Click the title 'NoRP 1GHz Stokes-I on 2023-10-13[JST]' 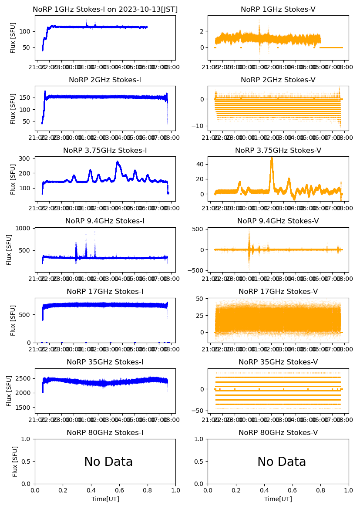click(x=105, y=10)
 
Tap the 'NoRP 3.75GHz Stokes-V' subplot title click(x=278, y=151)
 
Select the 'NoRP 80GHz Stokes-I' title click(x=105, y=433)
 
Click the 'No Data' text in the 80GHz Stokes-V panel click(x=282, y=462)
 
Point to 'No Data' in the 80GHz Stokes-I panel click(x=108, y=462)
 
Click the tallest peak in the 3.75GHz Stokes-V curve click(x=272, y=158)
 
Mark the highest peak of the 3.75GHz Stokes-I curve click(x=117, y=162)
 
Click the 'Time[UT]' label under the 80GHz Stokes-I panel click(x=105, y=499)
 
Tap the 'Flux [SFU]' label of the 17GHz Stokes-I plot click(x=13, y=320)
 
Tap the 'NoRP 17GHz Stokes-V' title click(x=278, y=292)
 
